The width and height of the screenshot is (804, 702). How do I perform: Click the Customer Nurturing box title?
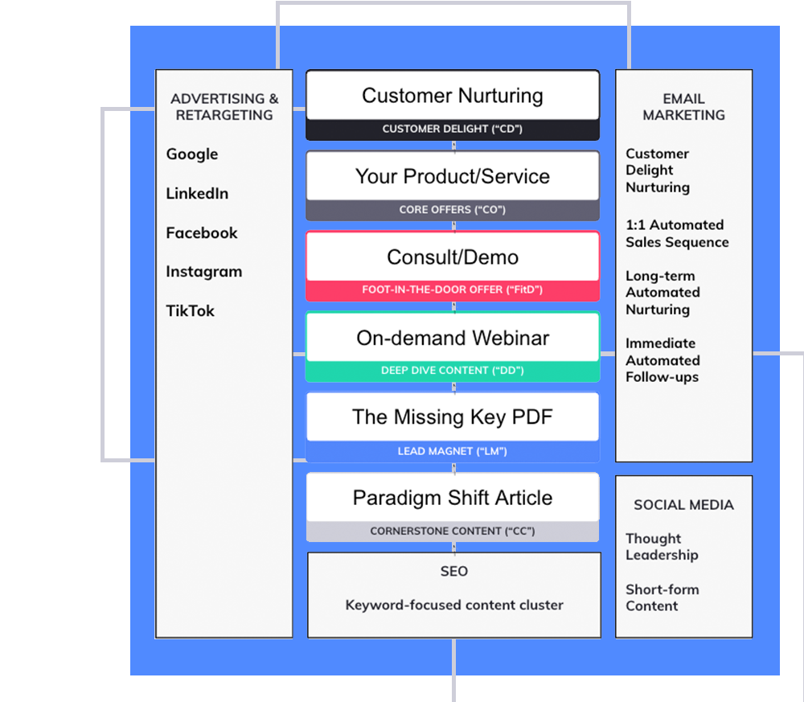coord(453,96)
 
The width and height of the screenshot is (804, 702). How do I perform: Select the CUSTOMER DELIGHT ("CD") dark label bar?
coord(453,129)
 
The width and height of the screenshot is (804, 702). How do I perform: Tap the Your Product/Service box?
coord(453,177)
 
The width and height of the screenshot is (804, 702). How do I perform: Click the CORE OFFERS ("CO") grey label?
coord(453,210)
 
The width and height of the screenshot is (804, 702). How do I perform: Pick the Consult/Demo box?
coord(453,257)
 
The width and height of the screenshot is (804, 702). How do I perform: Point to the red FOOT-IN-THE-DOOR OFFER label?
coord(453,290)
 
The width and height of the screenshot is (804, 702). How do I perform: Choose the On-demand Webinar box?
coord(453,338)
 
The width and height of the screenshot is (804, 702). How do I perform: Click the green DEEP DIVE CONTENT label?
coord(453,371)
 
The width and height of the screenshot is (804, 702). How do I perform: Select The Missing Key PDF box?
coord(453,417)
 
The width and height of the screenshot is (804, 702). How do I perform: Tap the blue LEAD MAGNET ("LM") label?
coord(453,452)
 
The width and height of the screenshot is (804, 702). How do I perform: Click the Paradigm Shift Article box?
coord(453,498)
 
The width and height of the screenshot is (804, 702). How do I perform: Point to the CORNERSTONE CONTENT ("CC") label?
coord(453,532)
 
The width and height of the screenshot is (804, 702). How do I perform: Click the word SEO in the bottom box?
coord(454,572)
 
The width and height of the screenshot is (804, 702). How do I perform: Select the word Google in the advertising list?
coord(192,154)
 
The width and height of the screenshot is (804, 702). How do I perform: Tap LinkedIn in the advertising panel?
coord(197,194)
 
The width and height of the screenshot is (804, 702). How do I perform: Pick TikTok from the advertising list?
coord(191,311)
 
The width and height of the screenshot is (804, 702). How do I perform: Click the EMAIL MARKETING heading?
coord(683,107)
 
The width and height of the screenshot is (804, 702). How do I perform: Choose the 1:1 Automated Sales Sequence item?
coord(677,234)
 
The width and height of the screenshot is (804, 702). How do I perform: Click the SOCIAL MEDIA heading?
coord(683,505)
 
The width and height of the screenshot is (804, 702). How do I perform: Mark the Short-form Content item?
coord(662,597)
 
